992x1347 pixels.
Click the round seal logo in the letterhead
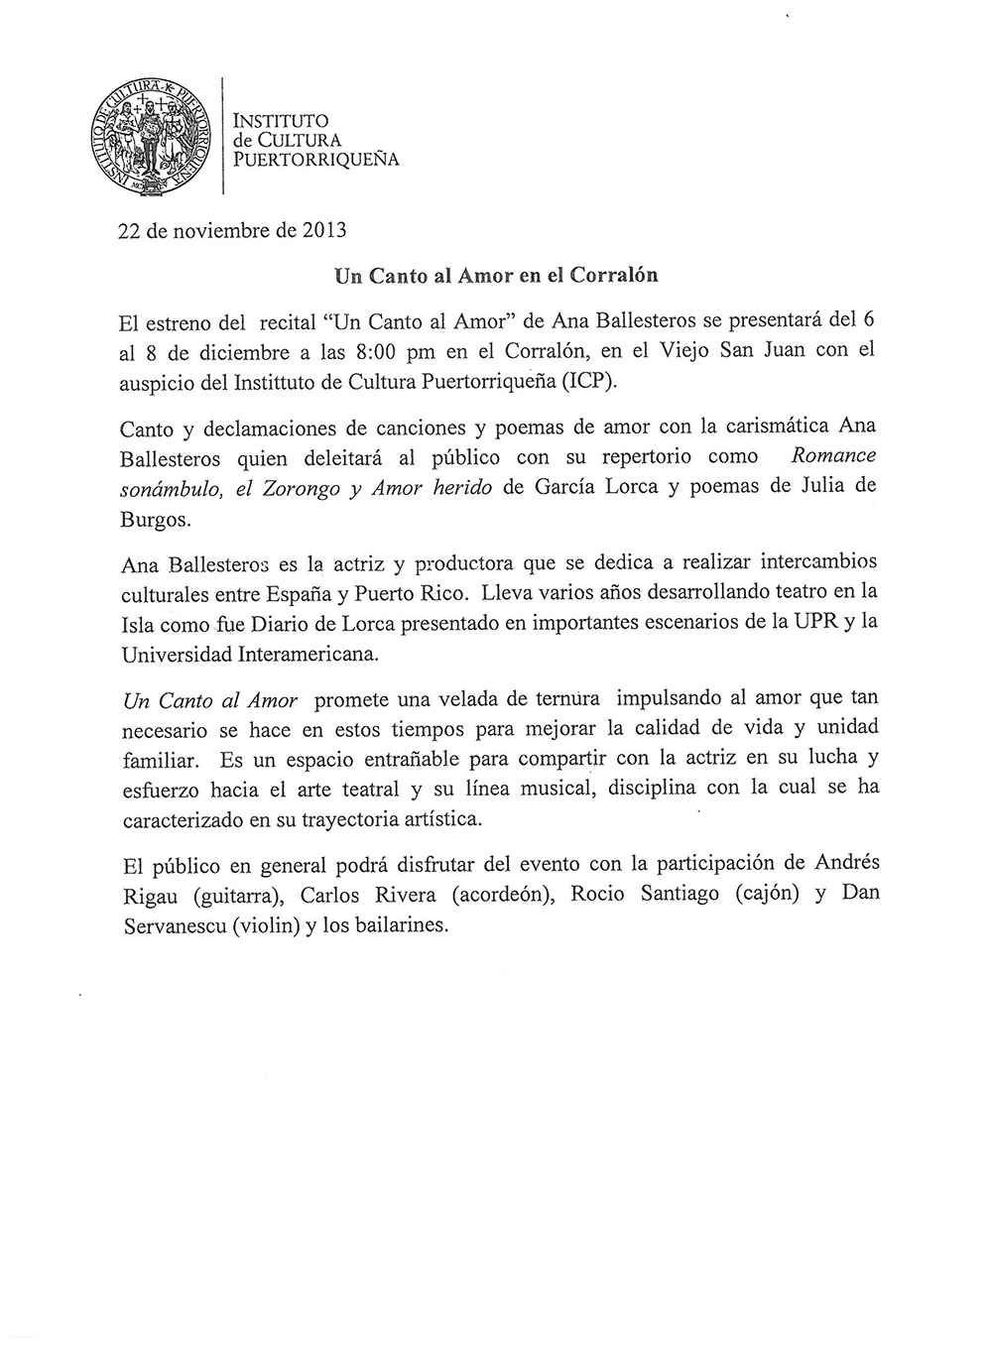[153, 136]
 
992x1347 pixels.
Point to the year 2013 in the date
[324, 231]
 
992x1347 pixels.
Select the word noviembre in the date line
[218, 231]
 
